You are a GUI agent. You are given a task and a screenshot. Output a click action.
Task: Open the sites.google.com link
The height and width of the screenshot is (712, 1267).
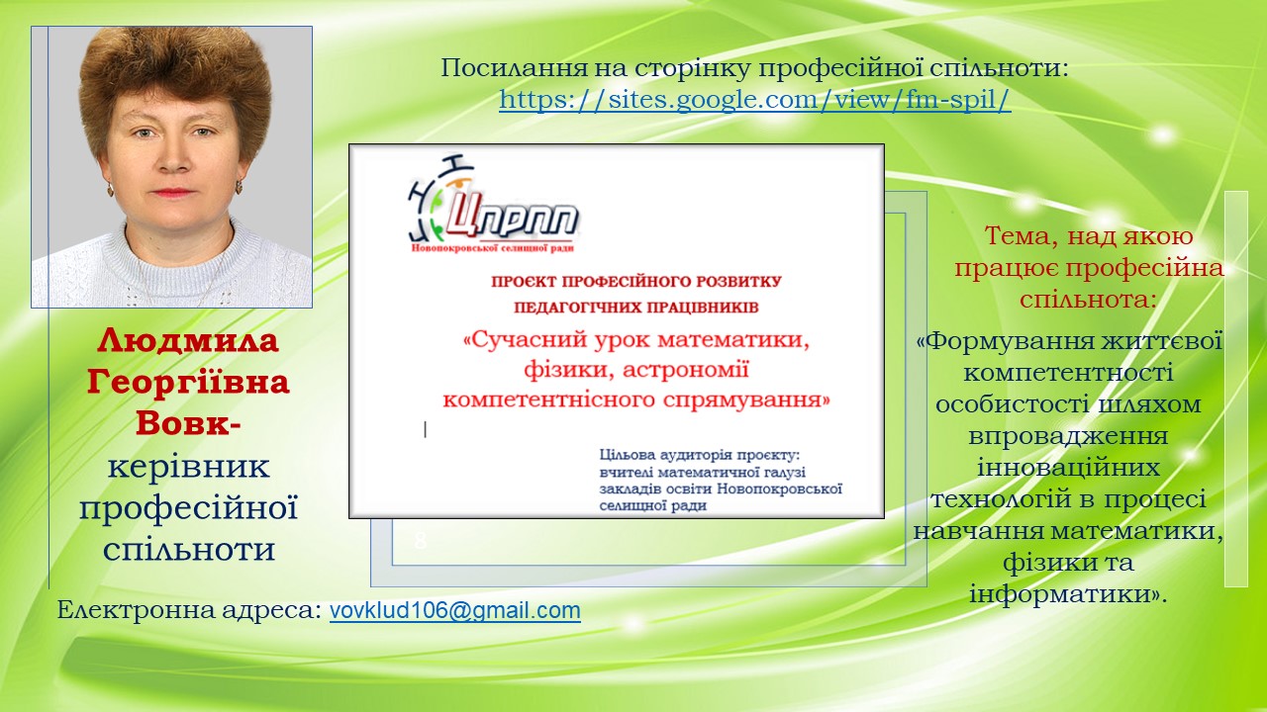(754, 100)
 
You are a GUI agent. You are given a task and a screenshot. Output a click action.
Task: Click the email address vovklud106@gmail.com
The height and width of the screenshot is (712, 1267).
(454, 610)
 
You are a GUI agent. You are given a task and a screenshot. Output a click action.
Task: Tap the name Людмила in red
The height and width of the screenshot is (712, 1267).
(188, 341)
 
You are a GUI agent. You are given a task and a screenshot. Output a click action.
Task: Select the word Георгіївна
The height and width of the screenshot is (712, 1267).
(188, 382)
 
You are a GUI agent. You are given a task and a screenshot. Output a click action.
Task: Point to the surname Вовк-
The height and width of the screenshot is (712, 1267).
(188, 423)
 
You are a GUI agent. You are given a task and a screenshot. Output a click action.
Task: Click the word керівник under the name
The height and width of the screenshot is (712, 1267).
(188, 466)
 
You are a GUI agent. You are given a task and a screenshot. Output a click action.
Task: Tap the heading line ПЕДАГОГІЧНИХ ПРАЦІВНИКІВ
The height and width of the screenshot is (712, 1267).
(635, 308)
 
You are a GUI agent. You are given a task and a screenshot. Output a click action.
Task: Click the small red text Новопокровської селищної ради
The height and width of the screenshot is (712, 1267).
(492, 248)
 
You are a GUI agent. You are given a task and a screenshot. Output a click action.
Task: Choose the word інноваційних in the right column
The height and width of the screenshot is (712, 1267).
(1068, 468)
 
